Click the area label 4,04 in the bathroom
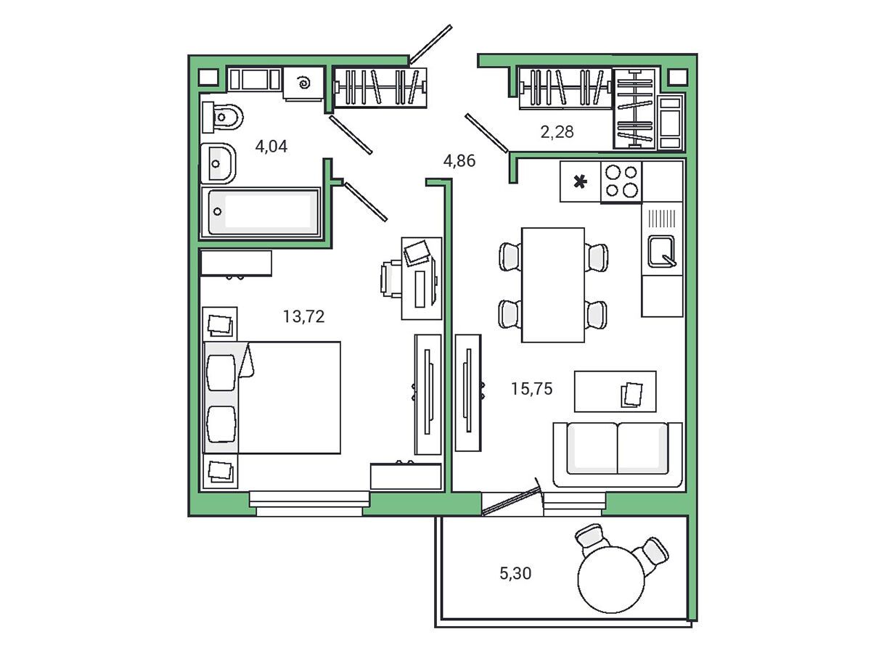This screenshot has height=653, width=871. (271, 147)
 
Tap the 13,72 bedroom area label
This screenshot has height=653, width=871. (303, 316)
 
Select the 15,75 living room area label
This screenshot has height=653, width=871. (531, 389)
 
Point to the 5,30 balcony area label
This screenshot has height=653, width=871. (515, 573)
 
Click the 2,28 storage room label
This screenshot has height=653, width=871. (557, 131)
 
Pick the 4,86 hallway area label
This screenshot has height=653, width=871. (459, 160)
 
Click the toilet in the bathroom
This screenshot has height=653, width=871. (222, 118)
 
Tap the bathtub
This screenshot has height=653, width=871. (261, 213)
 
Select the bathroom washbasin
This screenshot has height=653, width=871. (218, 163)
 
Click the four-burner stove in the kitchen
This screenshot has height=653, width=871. (621, 182)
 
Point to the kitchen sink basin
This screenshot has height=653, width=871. (661, 251)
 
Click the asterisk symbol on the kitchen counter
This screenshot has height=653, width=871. (580, 182)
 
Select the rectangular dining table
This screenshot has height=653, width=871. (553, 284)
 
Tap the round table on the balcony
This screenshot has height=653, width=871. (610, 579)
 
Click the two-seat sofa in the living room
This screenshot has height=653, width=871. (618, 454)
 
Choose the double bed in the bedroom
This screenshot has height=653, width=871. (271, 398)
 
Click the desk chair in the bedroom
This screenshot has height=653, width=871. (390, 279)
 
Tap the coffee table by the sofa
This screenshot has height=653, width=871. (615, 391)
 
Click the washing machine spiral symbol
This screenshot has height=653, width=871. (304, 83)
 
